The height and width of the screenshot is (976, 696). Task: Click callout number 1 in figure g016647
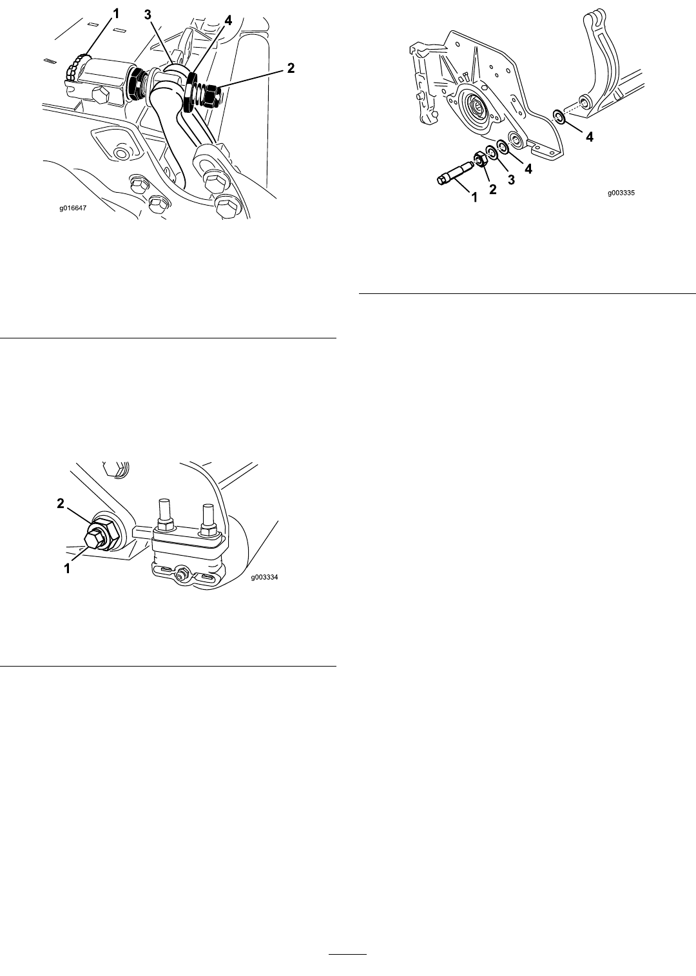[x=116, y=15]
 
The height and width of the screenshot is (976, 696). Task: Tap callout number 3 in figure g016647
[x=148, y=15]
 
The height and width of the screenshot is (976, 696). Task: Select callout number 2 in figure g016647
[x=291, y=68]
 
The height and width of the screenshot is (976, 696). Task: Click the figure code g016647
[x=73, y=208]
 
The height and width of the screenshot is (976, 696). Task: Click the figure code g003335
[x=621, y=193]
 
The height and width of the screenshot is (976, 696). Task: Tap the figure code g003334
[x=264, y=578]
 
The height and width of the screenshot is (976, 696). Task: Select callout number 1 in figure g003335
[x=475, y=197]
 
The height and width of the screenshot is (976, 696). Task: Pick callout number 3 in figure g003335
[x=511, y=180]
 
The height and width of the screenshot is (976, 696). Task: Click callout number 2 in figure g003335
[x=492, y=189]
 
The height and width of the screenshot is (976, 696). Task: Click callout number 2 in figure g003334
[x=61, y=503]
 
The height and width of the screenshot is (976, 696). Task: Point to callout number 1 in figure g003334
[x=67, y=569]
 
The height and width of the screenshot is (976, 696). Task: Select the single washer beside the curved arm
[x=558, y=117]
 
